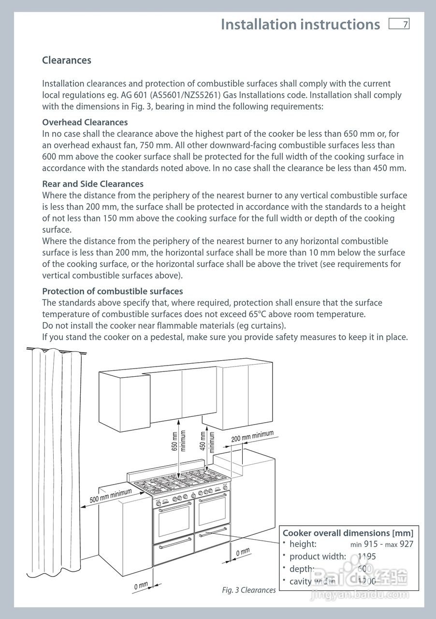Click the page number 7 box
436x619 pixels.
click(399, 24)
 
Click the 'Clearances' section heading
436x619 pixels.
click(67, 60)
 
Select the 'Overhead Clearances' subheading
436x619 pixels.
click(85, 122)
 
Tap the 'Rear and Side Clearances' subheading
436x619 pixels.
click(93, 184)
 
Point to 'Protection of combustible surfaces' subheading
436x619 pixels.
click(113, 291)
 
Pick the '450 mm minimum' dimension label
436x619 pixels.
click(207, 442)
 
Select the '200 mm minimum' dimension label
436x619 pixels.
click(252, 436)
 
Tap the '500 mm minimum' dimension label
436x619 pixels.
click(111, 496)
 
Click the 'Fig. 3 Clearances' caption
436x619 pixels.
click(249, 590)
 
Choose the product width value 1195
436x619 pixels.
click(367, 556)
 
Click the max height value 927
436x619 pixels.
click(407, 544)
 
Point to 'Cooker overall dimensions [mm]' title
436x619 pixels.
click(348, 533)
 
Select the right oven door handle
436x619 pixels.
click(213, 498)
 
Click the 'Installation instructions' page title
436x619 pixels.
click(301, 24)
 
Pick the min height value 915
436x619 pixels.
click(371, 544)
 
